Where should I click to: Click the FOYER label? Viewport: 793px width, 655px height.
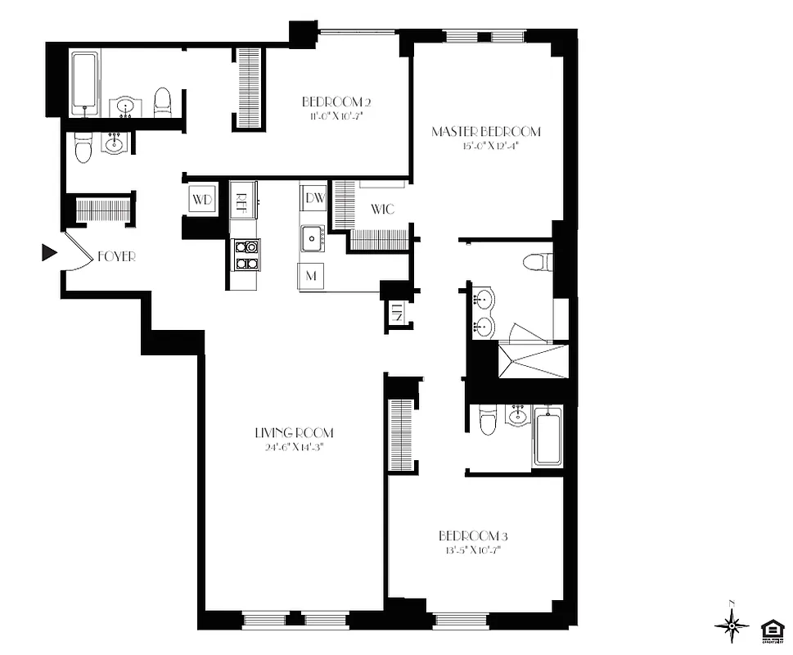coord(116,256)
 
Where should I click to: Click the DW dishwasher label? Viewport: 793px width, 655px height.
coord(313,197)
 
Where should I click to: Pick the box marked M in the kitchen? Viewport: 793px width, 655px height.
coord(311,276)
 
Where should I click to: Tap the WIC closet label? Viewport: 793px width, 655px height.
coord(382,210)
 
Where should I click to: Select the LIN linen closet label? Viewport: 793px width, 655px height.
coord(397,312)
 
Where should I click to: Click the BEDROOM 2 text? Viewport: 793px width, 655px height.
coord(337,102)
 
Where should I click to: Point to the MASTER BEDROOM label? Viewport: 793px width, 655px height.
coord(486,132)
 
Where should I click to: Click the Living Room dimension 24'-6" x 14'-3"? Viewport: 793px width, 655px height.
coord(293,447)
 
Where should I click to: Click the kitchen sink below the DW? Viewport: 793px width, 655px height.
coord(312,238)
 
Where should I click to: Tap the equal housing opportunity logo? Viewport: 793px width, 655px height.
coord(770,629)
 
